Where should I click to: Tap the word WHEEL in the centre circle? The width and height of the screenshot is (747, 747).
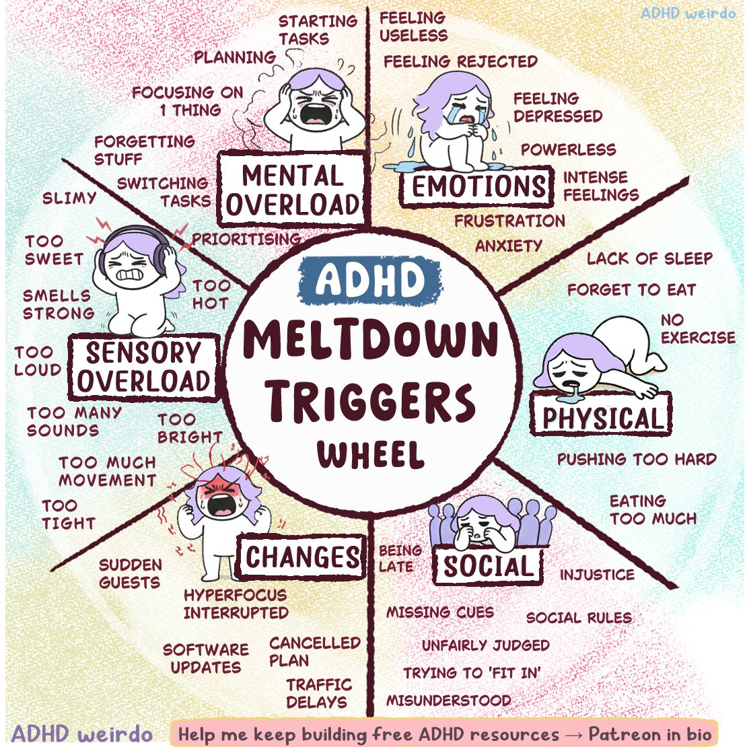point(371,454)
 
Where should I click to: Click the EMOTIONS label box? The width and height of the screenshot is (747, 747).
point(478,186)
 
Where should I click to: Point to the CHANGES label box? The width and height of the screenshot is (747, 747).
point(302,557)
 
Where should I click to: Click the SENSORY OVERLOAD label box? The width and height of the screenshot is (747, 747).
point(143,367)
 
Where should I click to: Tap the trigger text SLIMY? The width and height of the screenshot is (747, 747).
point(69,198)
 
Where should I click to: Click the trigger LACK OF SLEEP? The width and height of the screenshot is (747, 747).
point(649,258)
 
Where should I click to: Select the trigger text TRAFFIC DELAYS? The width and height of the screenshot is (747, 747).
point(318,693)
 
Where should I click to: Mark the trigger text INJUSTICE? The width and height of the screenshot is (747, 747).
point(597,575)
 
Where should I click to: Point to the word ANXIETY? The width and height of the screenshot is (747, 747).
point(508,246)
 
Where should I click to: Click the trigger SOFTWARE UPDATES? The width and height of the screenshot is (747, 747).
point(206,658)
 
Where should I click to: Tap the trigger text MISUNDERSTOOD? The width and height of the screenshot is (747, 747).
point(448,700)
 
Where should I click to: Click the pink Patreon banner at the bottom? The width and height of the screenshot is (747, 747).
point(444,734)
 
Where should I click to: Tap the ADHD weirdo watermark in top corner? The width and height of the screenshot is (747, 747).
point(687,13)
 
